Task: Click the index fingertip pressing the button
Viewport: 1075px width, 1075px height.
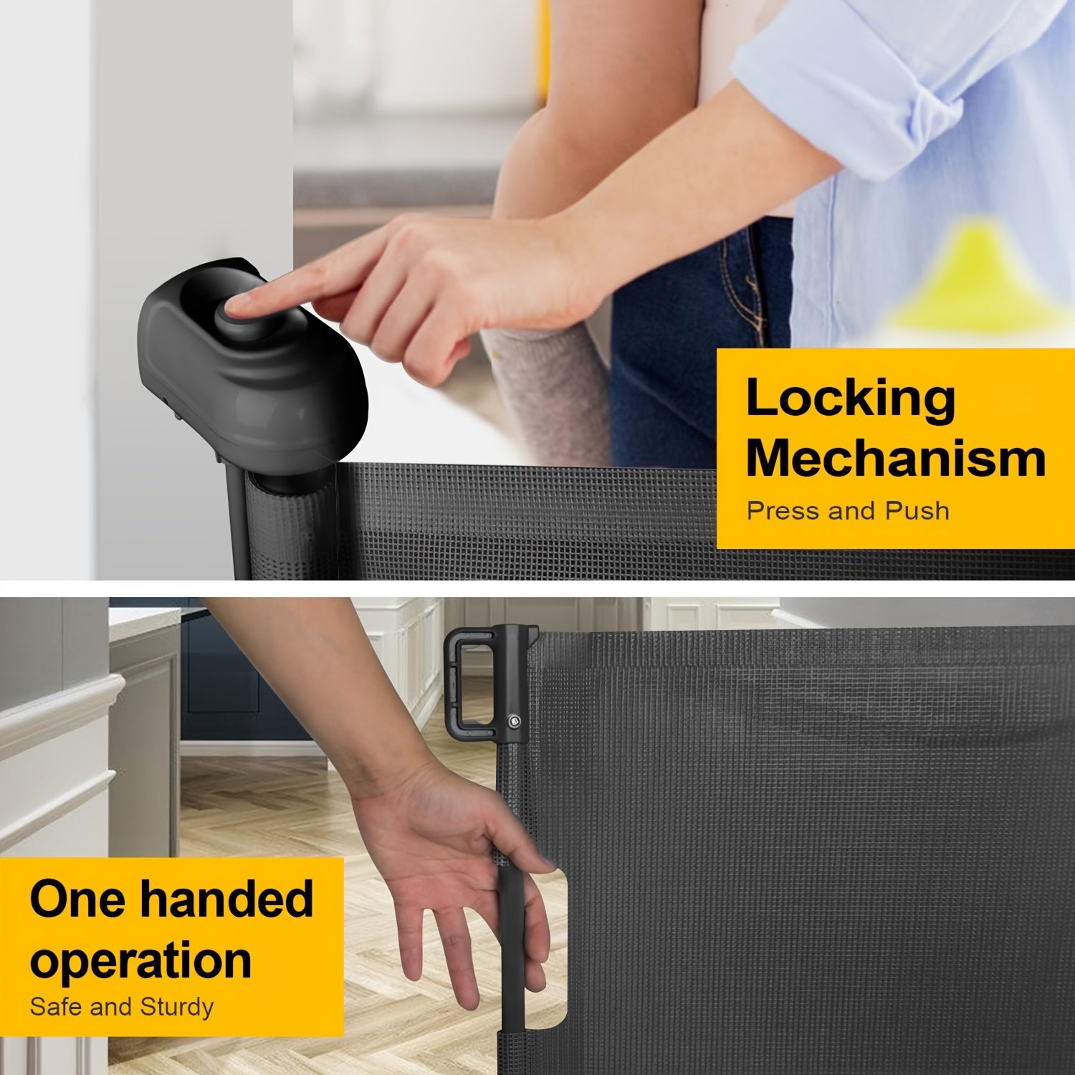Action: coord(231,307)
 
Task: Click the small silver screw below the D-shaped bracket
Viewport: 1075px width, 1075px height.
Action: coord(513,720)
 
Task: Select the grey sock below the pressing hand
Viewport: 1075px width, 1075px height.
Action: coord(545,387)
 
